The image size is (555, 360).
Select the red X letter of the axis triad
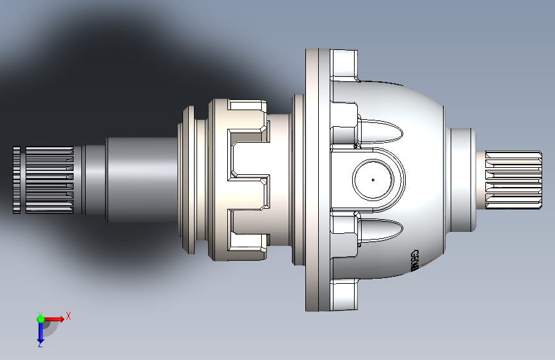pyautogui.click(x=68, y=316)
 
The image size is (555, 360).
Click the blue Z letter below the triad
pyautogui.click(x=40, y=345)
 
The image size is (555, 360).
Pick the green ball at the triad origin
pyautogui.click(x=40, y=318)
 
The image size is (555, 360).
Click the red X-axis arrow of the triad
pyautogui.click(x=54, y=318)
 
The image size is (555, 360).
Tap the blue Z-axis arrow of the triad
pyautogui.click(x=40, y=331)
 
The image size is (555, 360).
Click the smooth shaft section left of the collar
pyautogui.click(x=138, y=180)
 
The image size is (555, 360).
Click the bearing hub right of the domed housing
pyautogui.click(x=462, y=180)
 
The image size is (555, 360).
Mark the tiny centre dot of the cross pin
pyautogui.click(x=373, y=180)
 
